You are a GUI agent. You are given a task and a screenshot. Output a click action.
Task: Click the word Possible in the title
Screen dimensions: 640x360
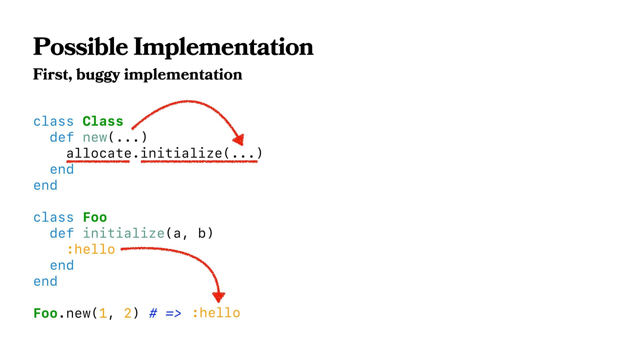point(80,47)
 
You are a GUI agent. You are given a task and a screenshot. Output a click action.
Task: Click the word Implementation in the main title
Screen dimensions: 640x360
point(223,47)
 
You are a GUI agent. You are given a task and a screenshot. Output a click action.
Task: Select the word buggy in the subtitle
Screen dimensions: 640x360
point(98,75)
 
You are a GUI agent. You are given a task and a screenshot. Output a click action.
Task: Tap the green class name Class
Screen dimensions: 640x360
point(103,121)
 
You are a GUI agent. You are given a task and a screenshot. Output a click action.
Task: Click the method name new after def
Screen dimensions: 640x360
point(95,137)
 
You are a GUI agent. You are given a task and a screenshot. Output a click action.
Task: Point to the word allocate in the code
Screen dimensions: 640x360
point(99,153)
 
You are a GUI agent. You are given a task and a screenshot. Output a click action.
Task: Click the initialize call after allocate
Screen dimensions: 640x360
point(181,153)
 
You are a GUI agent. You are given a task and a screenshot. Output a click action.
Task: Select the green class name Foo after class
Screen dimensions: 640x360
point(95,217)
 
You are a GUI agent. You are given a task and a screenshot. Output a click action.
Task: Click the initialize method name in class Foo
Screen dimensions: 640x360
point(123,233)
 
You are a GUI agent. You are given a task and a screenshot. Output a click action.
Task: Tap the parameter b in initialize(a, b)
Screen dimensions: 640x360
point(201,233)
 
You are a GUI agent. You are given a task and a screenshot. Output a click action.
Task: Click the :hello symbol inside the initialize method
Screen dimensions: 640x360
point(91,249)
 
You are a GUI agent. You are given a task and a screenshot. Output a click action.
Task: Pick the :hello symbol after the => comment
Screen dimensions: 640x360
point(216,313)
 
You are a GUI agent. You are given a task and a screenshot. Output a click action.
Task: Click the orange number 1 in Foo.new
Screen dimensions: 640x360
point(103,313)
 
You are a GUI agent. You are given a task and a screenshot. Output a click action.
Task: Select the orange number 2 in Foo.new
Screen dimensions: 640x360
point(128,313)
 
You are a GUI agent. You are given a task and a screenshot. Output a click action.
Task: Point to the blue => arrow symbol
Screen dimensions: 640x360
point(173,313)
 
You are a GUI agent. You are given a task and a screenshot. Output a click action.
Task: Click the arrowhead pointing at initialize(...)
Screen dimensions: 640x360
point(239,139)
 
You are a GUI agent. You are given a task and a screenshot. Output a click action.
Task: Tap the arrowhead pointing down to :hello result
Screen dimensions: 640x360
point(218,296)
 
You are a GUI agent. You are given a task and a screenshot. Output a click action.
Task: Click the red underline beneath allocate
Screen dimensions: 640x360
point(98,162)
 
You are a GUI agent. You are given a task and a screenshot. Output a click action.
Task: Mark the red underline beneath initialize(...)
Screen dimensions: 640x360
point(199,162)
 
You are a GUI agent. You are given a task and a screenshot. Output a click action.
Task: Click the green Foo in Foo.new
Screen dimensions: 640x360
point(45,313)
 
